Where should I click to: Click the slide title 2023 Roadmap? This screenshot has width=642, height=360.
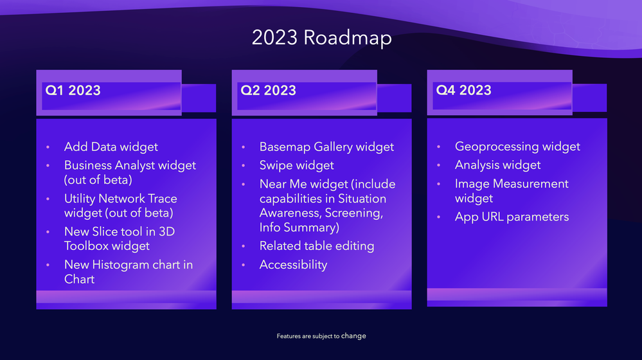[321, 38]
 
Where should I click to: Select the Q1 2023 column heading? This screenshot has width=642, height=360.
[73, 91]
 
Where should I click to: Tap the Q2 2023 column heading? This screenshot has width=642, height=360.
[268, 91]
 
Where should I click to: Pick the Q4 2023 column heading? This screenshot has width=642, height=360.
[463, 90]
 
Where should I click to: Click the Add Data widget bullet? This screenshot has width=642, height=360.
[111, 147]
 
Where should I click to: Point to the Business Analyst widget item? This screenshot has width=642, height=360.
[130, 166]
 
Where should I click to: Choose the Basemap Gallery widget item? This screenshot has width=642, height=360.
[326, 147]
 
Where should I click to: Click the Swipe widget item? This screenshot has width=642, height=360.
[296, 166]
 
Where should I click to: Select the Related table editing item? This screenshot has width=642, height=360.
[316, 246]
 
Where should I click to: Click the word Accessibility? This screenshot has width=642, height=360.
[293, 265]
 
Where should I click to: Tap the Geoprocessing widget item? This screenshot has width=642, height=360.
[517, 147]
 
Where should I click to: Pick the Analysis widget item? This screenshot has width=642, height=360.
[497, 165]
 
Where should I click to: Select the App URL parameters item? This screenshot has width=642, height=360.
[512, 217]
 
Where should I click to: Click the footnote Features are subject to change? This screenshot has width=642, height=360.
[321, 336]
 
